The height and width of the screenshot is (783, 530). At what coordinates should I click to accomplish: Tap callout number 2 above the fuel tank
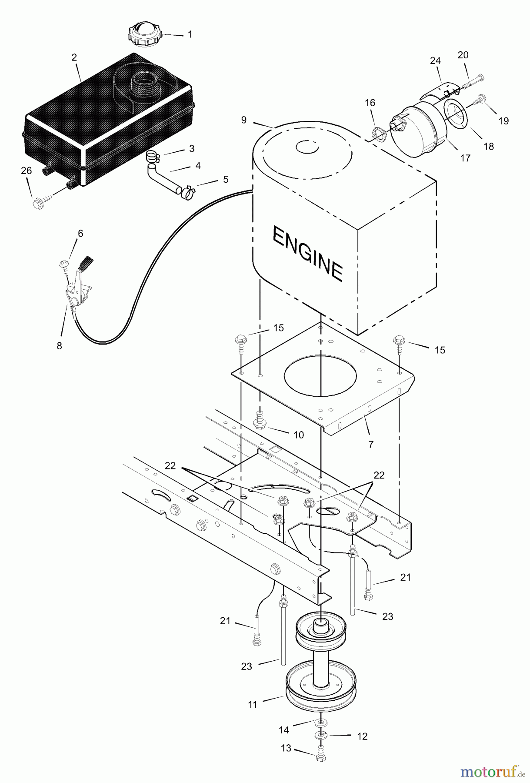tap(74, 57)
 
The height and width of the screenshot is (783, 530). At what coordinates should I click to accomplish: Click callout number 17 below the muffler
tap(465, 158)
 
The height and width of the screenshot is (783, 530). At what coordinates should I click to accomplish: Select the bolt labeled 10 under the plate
tap(259, 422)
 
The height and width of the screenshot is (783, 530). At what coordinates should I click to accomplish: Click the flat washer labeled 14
tap(320, 722)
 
